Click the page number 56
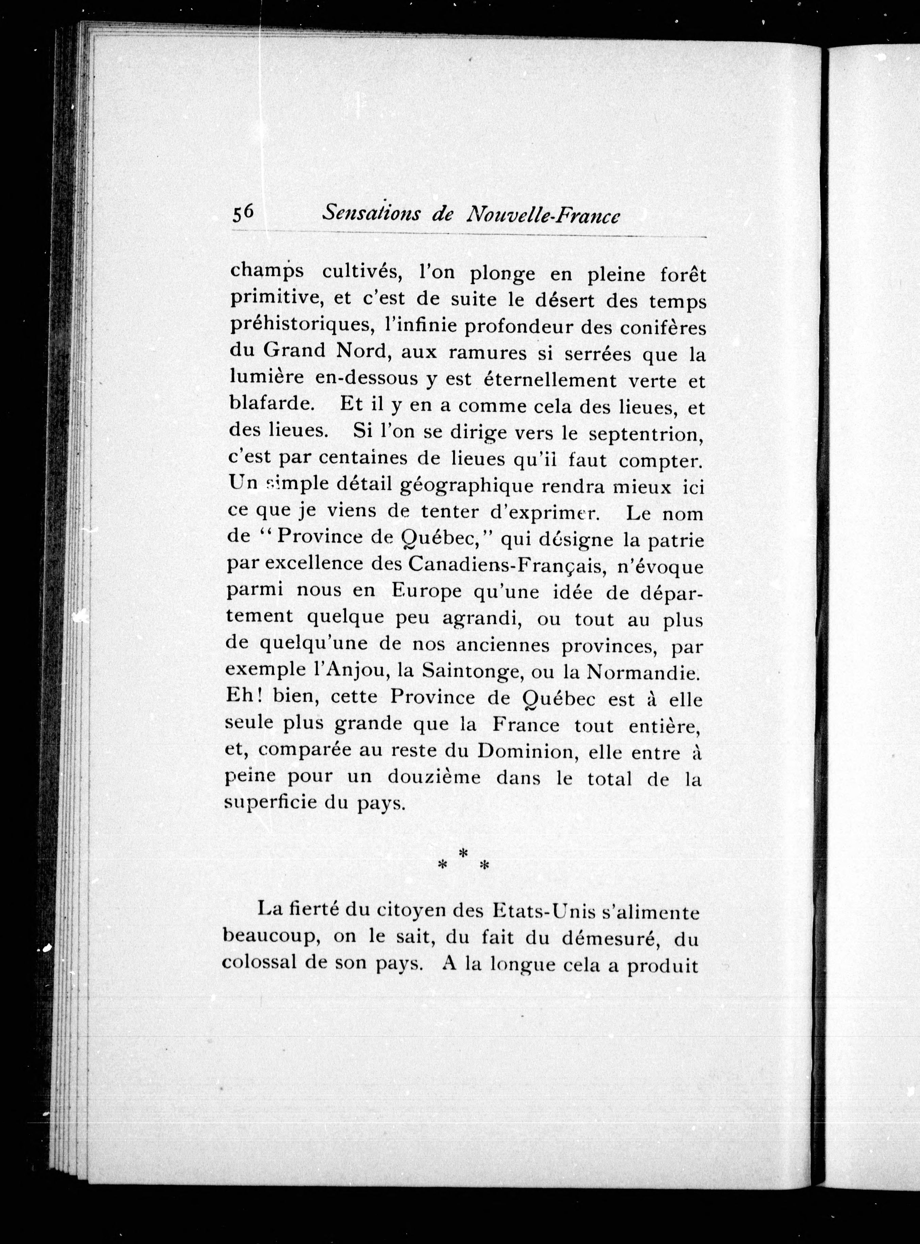(243, 214)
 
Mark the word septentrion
(646, 434)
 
